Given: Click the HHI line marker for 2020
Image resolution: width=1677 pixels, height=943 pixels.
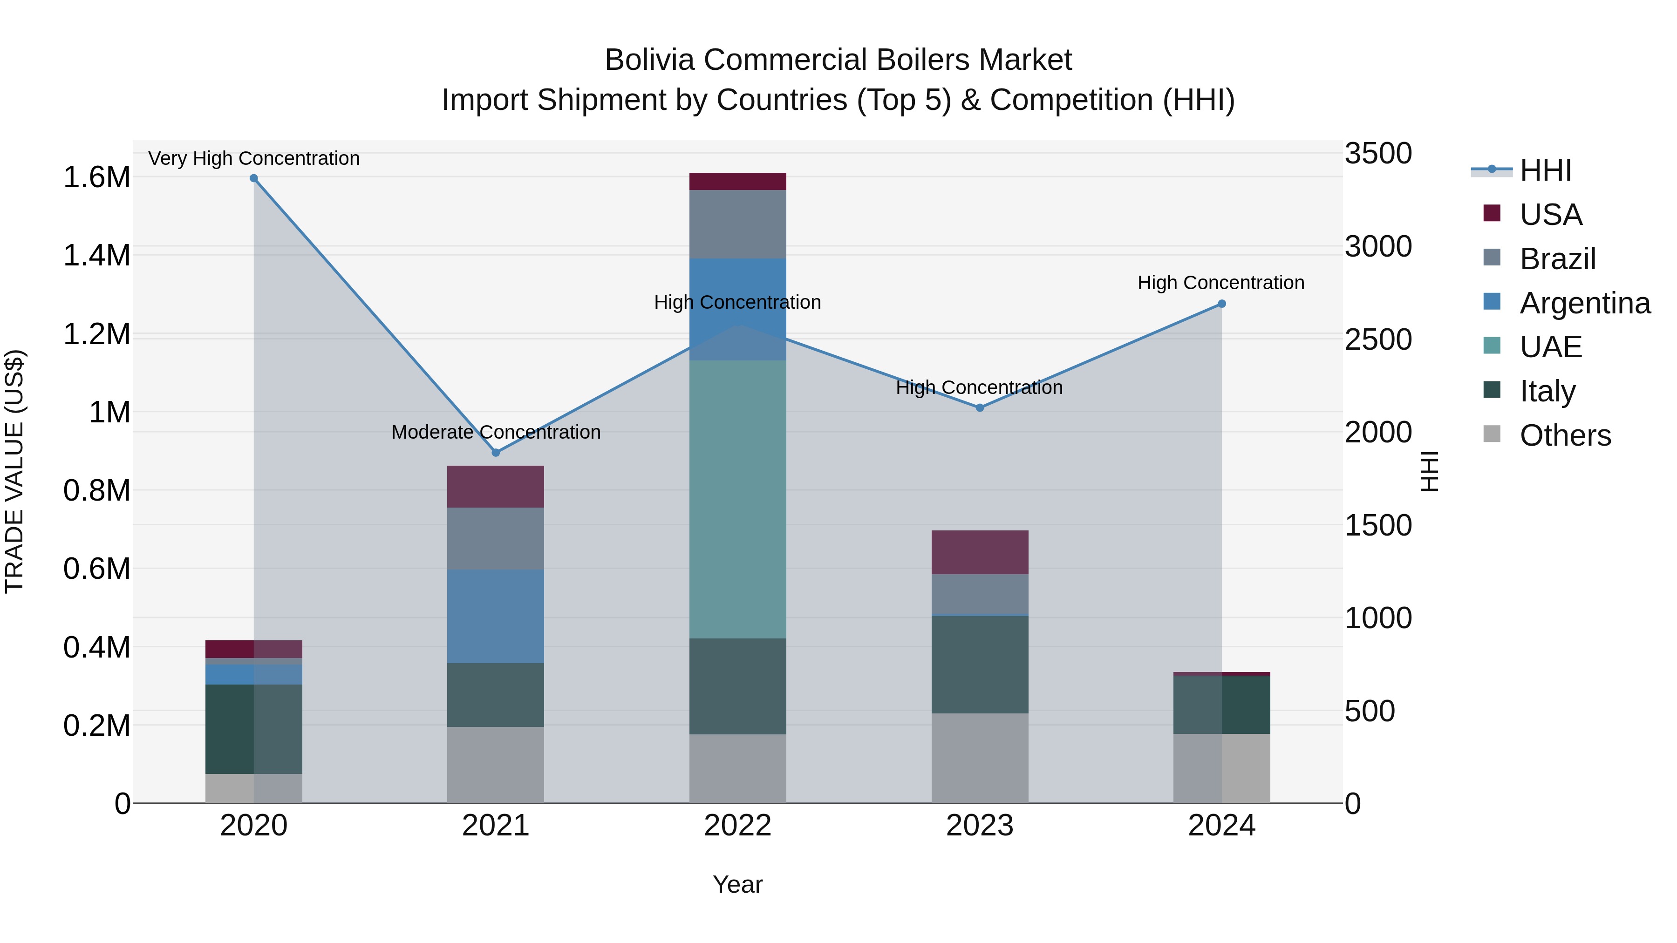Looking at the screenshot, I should [x=254, y=178].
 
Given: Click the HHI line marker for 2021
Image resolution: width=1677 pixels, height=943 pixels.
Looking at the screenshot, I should [x=496, y=452].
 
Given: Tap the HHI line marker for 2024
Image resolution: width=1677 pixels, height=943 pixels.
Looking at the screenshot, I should [x=1221, y=304].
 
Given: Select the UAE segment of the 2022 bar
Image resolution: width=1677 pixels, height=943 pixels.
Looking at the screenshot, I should [x=737, y=499].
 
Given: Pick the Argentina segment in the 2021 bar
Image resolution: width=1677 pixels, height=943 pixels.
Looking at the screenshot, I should [x=496, y=616].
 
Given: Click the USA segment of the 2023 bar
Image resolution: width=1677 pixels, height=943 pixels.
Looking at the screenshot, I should [x=979, y=552].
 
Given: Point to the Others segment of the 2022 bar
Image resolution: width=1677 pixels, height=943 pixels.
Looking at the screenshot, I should [x=737, y=768].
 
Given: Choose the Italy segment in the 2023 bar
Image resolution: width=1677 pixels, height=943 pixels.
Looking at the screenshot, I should [x=979, y=665].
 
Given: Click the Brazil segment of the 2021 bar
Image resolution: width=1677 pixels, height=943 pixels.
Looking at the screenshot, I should [x=496, y=538].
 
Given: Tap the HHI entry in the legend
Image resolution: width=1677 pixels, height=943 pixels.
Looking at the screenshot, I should [x=1545, y=170].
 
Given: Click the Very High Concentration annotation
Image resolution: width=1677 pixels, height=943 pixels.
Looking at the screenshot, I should [x=254, y=158].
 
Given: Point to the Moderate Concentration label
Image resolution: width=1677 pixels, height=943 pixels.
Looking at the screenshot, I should [x=496, y=432].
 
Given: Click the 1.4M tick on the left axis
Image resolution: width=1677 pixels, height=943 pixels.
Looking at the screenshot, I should [x=96, y=256].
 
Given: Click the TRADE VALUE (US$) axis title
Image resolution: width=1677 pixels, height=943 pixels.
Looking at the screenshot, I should [x=14, y=471].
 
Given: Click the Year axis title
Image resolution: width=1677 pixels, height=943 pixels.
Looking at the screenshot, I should [x=737, y=884].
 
